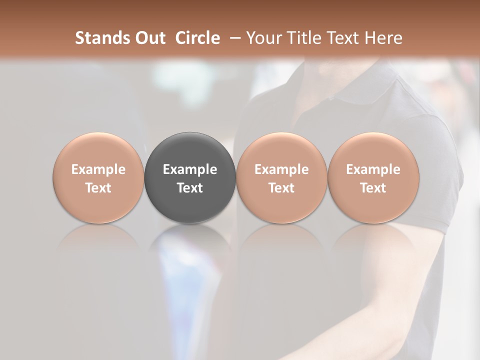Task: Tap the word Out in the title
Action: click(148, 38)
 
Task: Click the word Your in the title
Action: click(263, 38)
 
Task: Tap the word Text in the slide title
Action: click(342, 38)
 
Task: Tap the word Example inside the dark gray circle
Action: click(190, 169)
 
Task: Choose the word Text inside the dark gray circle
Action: click(190, 188)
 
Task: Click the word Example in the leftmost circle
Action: click(98, 169)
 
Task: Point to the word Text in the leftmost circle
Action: click(98, 188)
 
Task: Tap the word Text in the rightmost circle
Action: click(373, 188)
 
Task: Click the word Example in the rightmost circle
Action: click(373, 169)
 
